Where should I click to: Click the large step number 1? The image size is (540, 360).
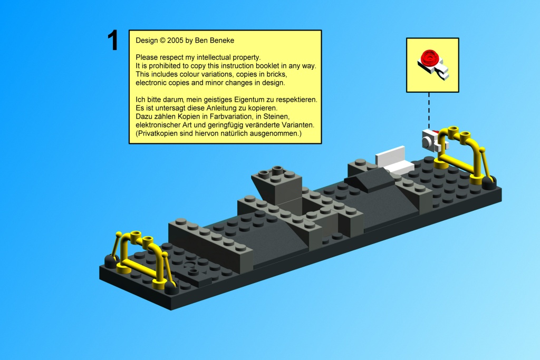[x=113, y=40]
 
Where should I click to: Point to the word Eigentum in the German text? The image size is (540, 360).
[x=247, y=100]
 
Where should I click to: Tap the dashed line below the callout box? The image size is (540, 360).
[x=429, y=111]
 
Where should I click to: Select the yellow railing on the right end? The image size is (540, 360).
[x=461, y=153]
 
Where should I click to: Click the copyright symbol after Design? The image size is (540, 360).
[x=162, y=40]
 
